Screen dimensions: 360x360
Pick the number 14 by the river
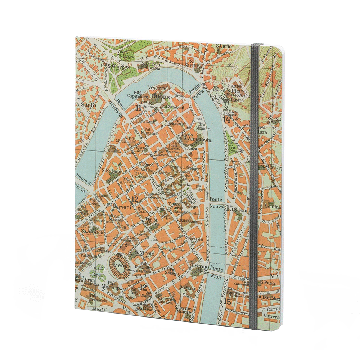click(x=226, y=120)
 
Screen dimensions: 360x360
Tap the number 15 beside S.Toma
click(x=230, y=208)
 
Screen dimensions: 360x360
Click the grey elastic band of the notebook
click(x=254, y=180)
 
